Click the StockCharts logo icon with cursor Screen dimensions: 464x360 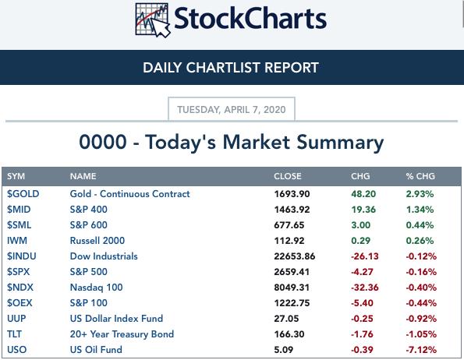153,20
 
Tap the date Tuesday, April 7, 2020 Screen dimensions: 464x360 232,110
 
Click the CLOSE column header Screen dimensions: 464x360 288,176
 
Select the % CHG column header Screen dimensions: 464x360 420,176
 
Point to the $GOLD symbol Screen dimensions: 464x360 23,194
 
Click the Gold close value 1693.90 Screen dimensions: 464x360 292,194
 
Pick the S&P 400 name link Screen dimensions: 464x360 88,210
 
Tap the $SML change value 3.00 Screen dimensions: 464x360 361,225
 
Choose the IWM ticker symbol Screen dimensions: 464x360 17,241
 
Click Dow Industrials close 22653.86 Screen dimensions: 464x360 295,256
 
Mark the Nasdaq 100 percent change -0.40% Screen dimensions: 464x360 421,288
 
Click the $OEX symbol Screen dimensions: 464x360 19,303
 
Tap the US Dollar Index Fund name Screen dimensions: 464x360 116,319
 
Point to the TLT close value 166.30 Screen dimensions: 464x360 289,334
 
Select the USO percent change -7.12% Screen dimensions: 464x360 421,350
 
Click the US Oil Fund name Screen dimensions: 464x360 96,350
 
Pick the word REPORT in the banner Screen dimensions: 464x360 292,68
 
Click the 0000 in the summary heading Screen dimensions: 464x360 103,142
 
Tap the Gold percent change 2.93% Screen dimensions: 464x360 420,194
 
